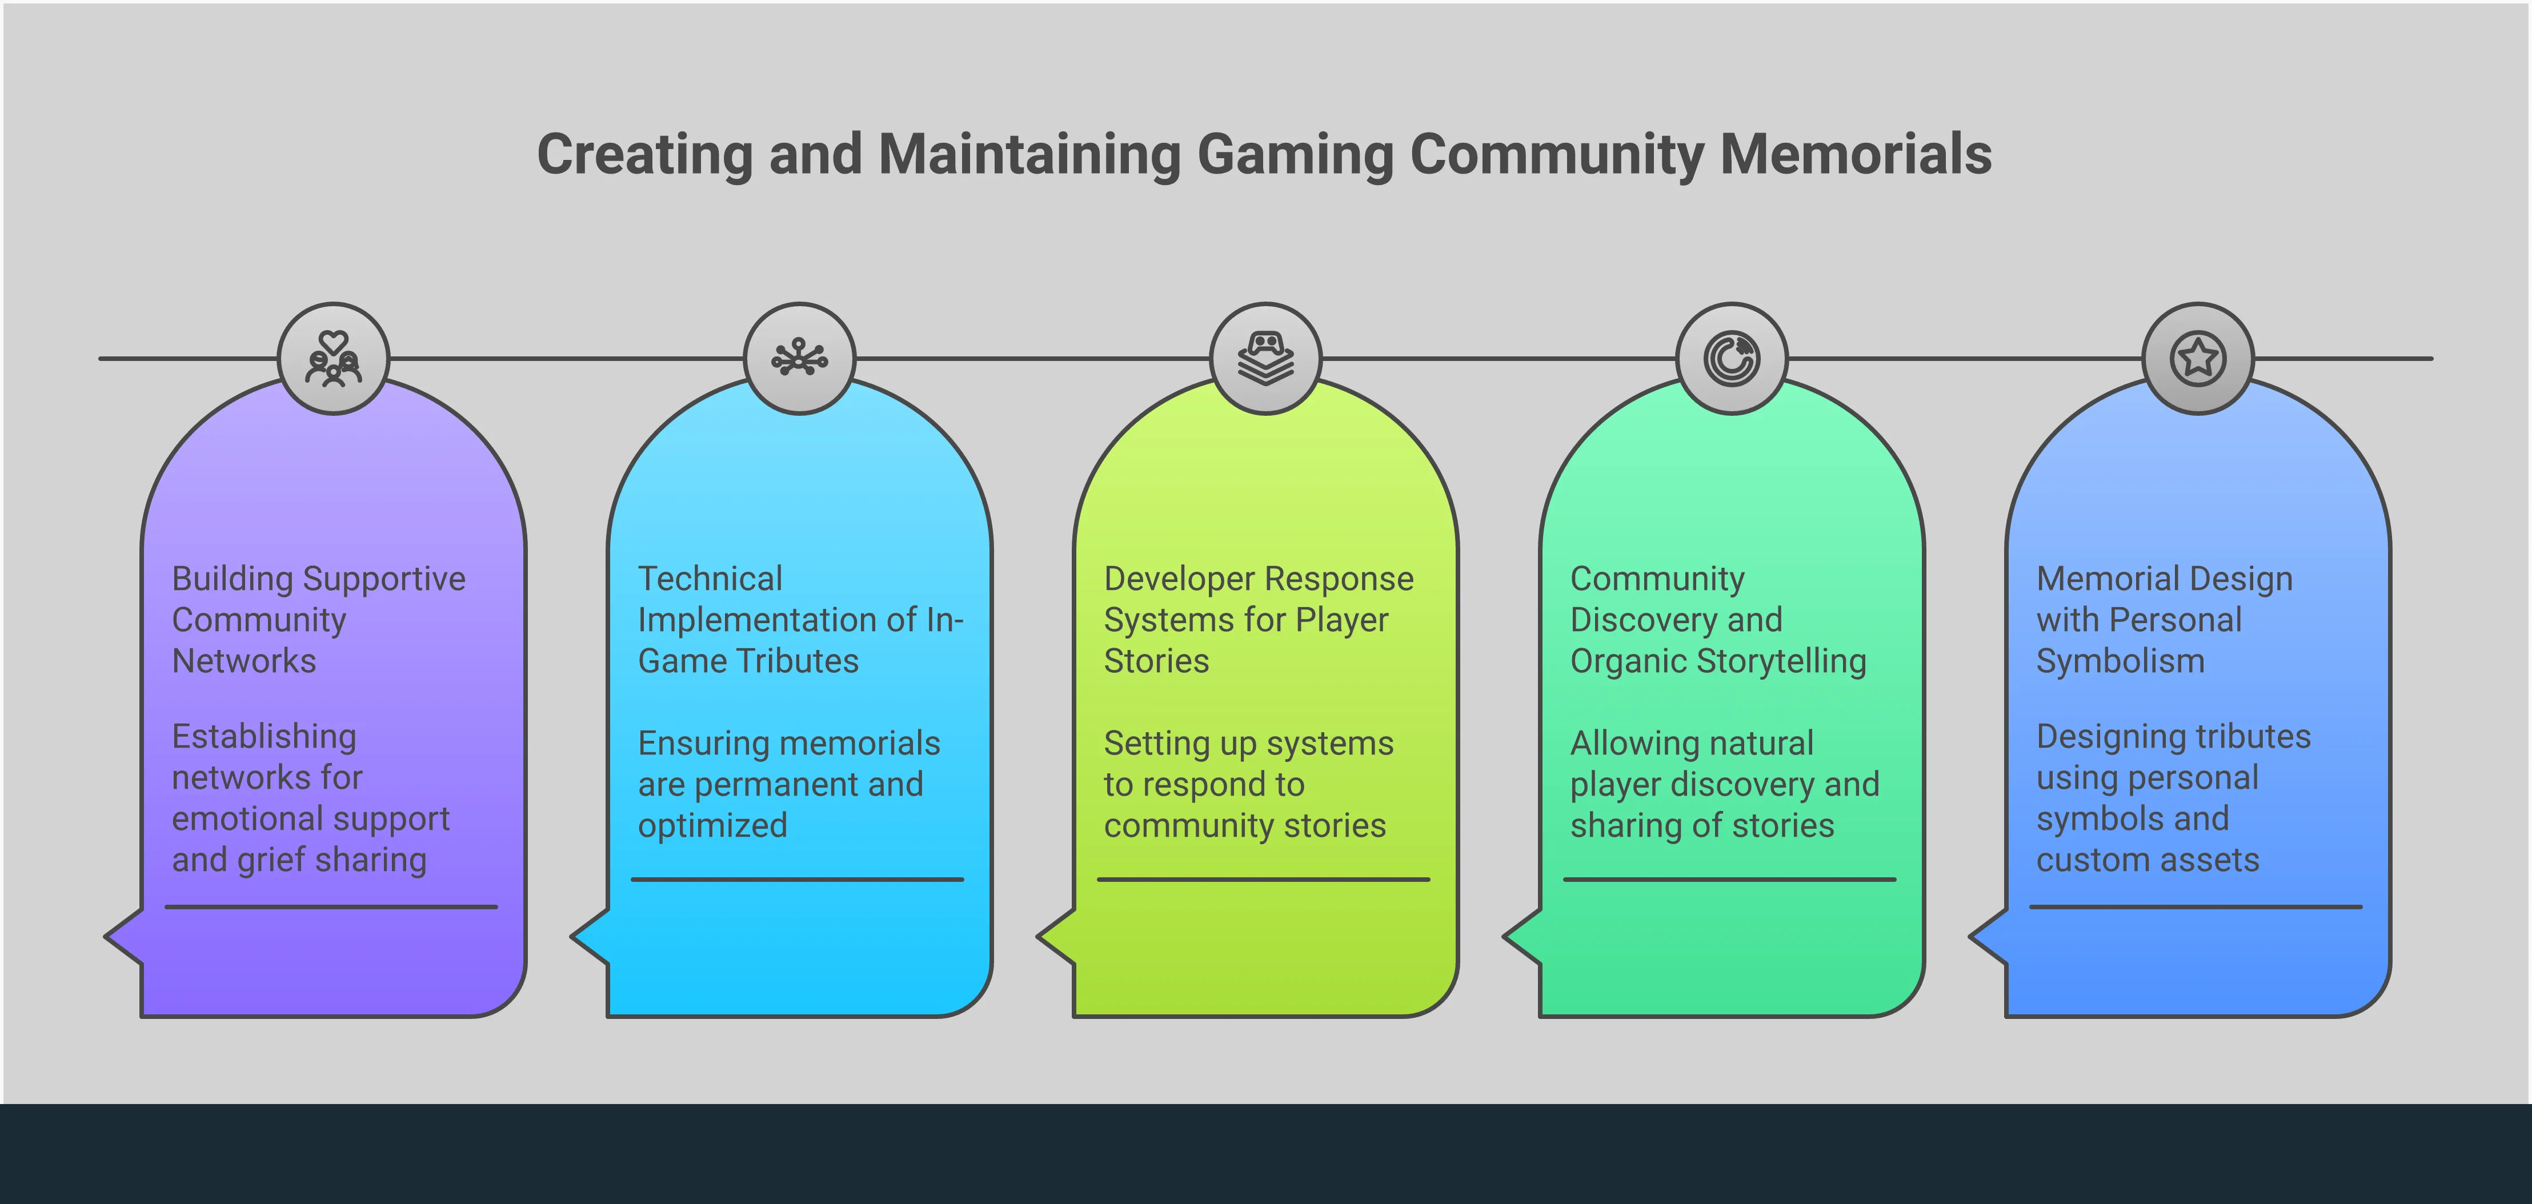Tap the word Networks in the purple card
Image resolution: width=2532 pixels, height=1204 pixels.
(244, 661)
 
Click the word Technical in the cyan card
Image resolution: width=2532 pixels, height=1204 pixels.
(710, 579)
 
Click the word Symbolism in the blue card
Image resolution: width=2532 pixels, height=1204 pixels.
(2120, 661)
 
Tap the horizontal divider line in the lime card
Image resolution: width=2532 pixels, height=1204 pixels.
(1263, 880)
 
